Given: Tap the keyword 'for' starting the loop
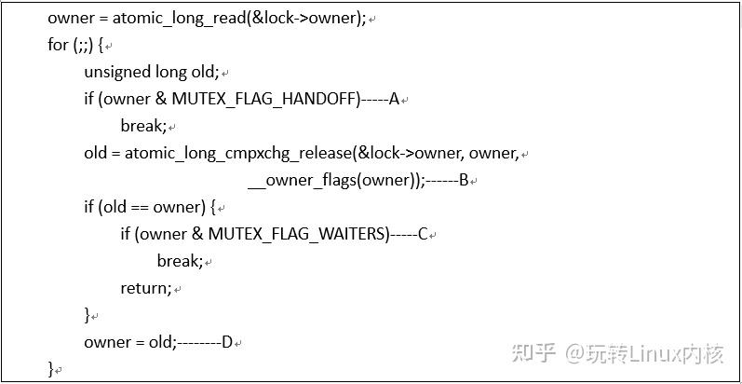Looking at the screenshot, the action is point(58,45).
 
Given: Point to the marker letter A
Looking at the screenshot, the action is point(394,99).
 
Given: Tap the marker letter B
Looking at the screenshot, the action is point(463,180).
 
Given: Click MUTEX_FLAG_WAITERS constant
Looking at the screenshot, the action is point(298,234).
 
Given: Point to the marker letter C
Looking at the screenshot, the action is point(422,234).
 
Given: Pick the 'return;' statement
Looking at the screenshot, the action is point(146,288).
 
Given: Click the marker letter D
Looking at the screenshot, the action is point(226,342).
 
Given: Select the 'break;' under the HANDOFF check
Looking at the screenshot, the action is point(142,126).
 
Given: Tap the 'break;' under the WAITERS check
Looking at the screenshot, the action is point(179,261).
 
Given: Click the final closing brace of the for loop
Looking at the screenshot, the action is point(51,369).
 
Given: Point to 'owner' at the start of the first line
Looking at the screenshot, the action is point(70,18).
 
